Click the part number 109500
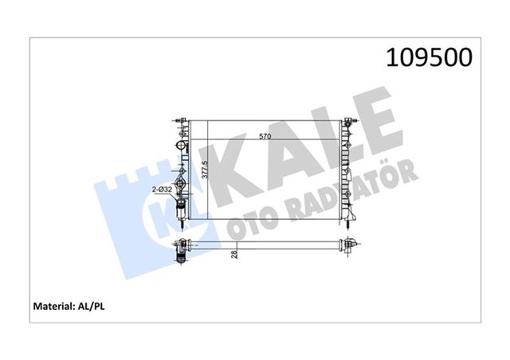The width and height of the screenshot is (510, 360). point(429,57)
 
